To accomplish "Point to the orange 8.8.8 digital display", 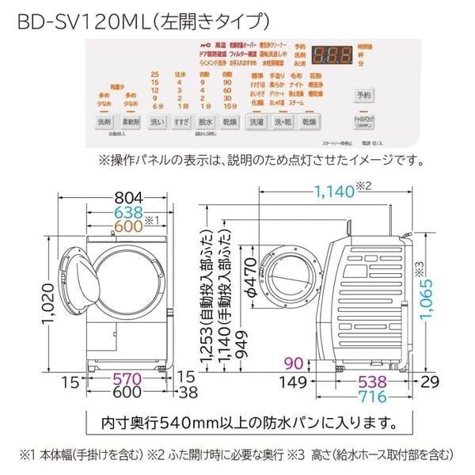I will pyautogui.click(x=333, y=58).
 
